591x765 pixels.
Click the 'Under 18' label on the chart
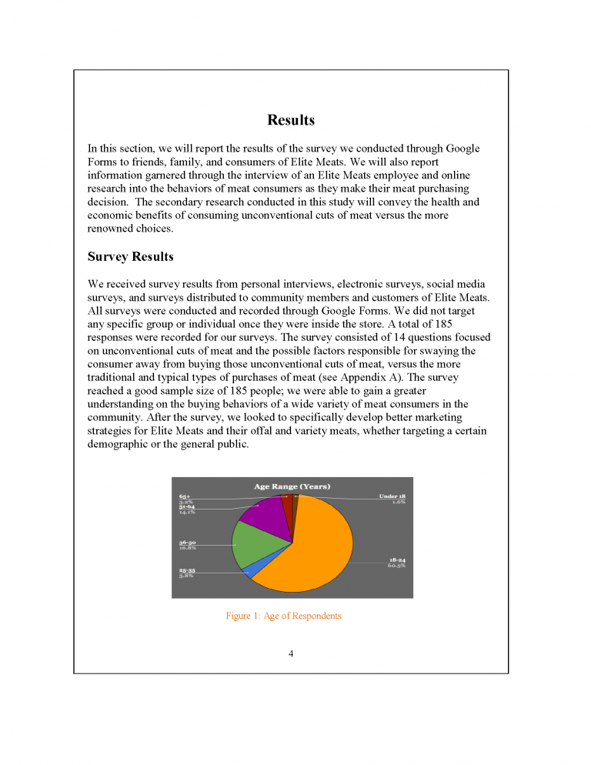pos(392,496)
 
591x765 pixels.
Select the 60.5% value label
pos(396,565)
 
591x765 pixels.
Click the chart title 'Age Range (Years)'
pos(292,486)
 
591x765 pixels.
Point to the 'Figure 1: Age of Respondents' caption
pos(283,616)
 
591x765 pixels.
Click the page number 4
pos(291,653)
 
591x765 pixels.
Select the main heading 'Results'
pos(291,120)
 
